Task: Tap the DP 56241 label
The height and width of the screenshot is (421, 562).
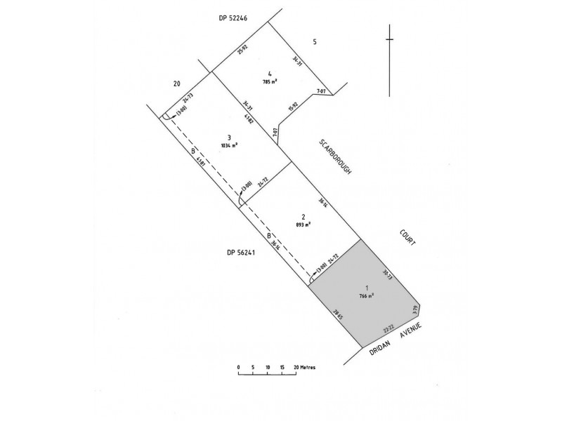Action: (240, 253)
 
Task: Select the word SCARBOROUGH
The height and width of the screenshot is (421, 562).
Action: (334, 156)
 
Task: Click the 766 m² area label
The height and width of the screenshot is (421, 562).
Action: (365, 295)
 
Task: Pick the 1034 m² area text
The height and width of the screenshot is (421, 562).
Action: (229, 145)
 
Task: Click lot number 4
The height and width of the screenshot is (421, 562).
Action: (270, 74)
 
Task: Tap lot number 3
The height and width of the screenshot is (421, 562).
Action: (229, 137)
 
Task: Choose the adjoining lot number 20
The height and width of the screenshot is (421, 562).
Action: (177, 83)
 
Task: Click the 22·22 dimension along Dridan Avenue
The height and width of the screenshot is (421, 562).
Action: (388, 327)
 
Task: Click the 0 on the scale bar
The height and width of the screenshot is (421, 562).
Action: (239, 367)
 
